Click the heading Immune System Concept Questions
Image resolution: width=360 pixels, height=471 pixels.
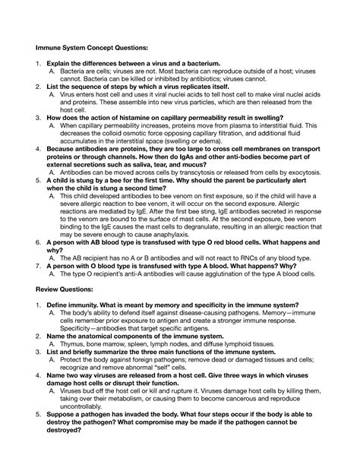coord(88,48)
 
